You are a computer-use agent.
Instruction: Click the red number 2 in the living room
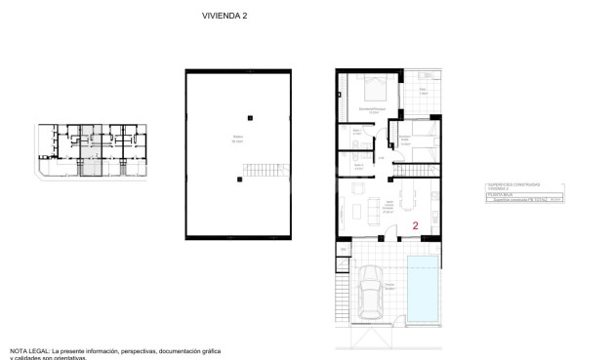point(416,225)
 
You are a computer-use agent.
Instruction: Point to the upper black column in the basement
point(250,118)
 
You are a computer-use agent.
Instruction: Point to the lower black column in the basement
point(239,180)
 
